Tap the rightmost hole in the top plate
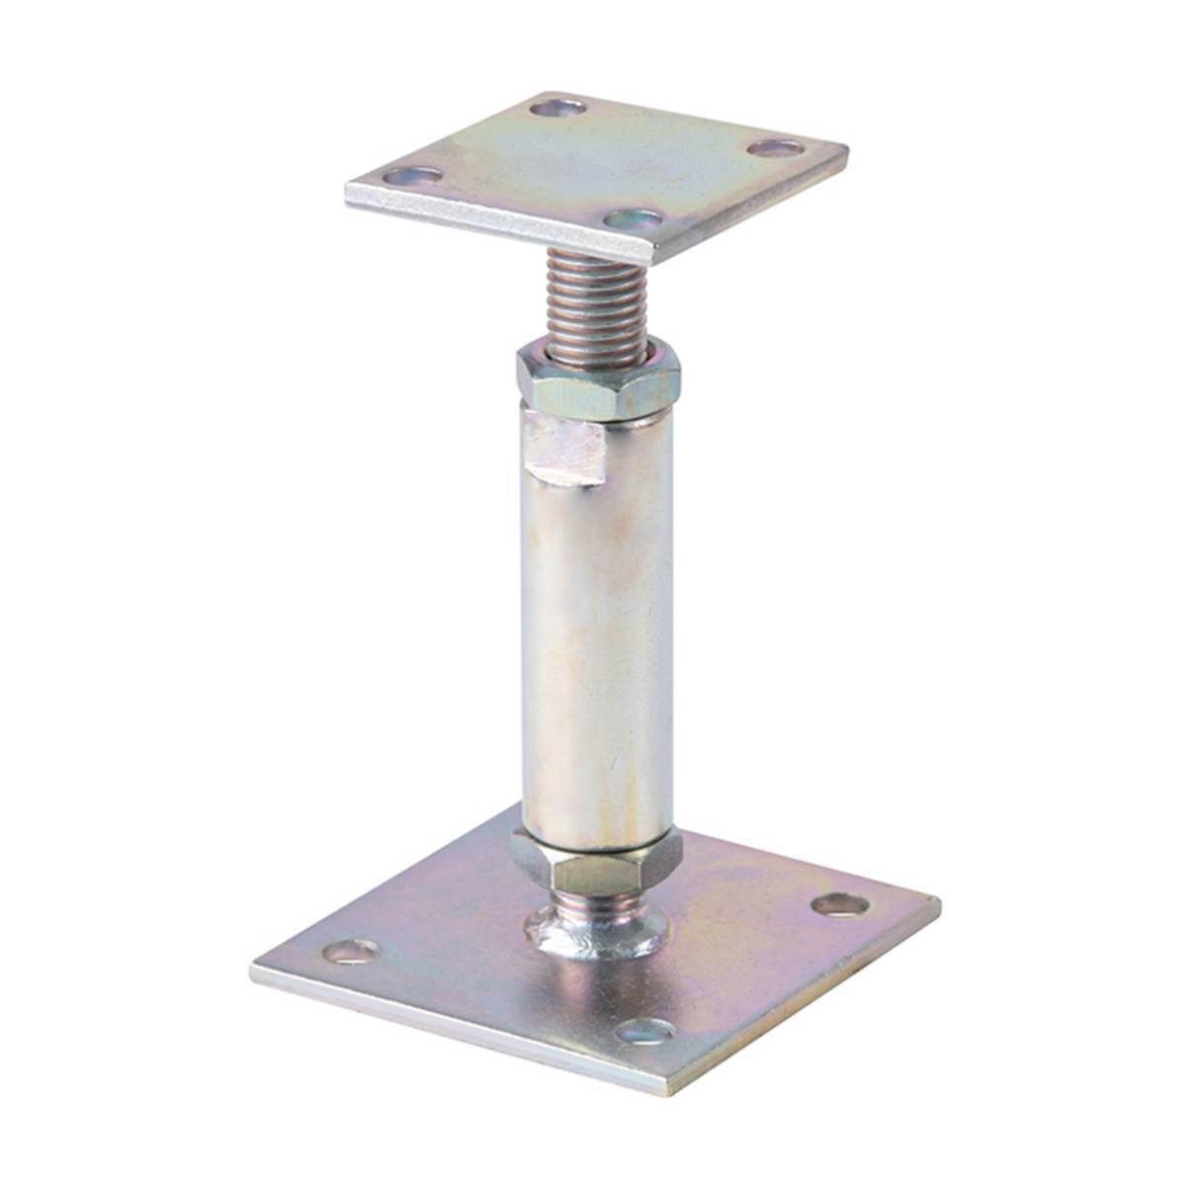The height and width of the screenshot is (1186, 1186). (775, 148)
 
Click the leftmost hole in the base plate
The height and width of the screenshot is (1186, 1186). (351, 951)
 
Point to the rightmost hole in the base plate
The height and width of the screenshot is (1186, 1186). (839, 902)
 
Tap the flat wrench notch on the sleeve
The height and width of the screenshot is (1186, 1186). (563, 450)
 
